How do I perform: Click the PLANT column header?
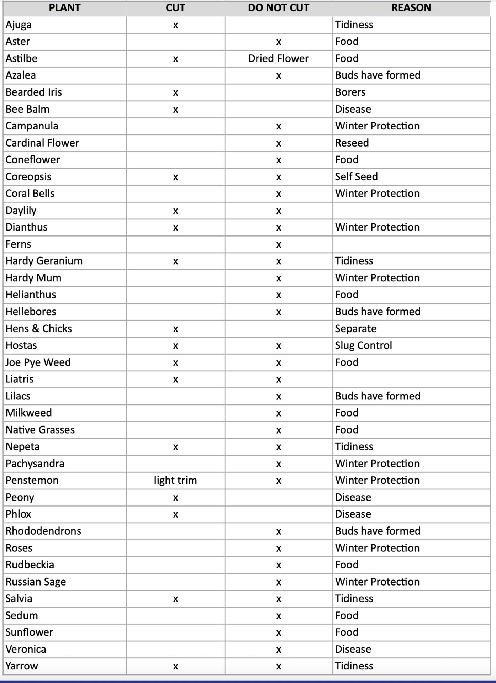(64, 8)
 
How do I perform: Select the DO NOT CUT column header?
(278, 8)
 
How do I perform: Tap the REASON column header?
(411, 8)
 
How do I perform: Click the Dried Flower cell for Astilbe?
(278, 58)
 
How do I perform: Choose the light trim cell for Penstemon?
(175, 480)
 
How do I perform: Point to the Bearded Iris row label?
(34, 92)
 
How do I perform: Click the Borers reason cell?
(350, 92)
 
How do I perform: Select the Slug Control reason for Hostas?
(363, 345)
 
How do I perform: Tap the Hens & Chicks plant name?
(39, 328)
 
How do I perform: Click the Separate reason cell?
(355, 328)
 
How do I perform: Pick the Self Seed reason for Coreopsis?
(356, 176)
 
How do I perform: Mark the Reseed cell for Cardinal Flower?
(352, 143)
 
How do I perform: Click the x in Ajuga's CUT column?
(175, 25)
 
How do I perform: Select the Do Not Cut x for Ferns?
(279, 245)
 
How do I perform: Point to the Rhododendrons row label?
(43, 531)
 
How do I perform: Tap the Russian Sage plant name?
(36, 582)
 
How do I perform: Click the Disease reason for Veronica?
(353, 649)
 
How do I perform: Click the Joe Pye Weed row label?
(38, 362)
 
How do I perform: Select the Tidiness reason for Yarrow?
(354, 666)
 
